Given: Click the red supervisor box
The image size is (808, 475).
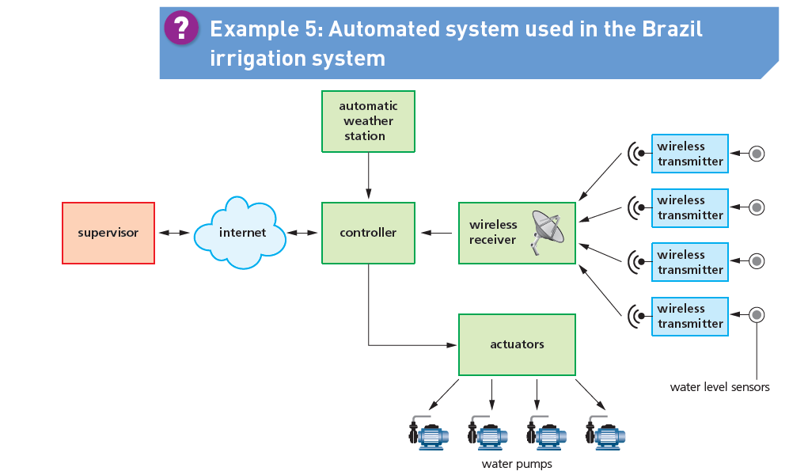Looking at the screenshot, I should coord(108,233).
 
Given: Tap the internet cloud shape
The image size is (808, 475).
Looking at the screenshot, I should coord(241,232).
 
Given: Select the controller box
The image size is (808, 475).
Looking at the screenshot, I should coord(368,233).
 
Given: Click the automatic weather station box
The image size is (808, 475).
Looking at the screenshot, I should coord(368,121).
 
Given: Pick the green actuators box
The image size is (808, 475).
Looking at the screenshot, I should coord(517,344).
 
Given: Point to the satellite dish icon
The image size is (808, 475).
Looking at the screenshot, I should coord(548,231).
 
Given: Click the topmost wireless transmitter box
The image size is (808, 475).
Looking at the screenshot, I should coord(689,154).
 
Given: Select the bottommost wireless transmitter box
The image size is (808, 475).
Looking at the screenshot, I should coord(689,316).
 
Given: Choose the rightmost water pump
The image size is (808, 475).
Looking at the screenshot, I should coord(605,435).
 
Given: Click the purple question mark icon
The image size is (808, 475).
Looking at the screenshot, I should coord(181,28).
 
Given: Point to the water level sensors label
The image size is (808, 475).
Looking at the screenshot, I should coord(719,387).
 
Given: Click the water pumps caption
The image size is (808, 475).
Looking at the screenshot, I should coord(517,464).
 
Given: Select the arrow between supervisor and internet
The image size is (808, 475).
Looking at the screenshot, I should coord(174,233).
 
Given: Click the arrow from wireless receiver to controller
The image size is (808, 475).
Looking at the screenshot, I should coord(437,233).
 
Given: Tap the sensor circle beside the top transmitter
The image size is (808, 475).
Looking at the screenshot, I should coord(757,153).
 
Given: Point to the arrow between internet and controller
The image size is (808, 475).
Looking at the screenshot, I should coord(302,233).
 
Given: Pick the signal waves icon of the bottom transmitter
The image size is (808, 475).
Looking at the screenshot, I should coord(634,316).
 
